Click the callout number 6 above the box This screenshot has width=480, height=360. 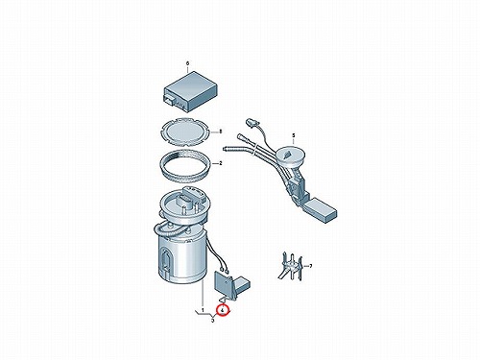click(187, 63)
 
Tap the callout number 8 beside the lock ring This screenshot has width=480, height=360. click(221, 132)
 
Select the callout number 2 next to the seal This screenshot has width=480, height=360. click(221, 163)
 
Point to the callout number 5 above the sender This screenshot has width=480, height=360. click(293, 135)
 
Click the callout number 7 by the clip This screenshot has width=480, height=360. click(310, 266)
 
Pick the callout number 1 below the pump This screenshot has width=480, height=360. click(203, 310)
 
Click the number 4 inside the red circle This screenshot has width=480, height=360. click(222, 310)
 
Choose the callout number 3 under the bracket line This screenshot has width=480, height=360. click(213, 321)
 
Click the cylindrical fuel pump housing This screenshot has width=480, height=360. click(181, 256)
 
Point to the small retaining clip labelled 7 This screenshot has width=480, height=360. click(291, 266)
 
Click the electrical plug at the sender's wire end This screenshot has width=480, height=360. click(250, 123)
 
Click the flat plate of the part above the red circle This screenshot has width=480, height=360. click(223, 282)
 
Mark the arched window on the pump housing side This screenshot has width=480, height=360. click(166, 258)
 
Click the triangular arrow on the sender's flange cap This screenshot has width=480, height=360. click(287, 155)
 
